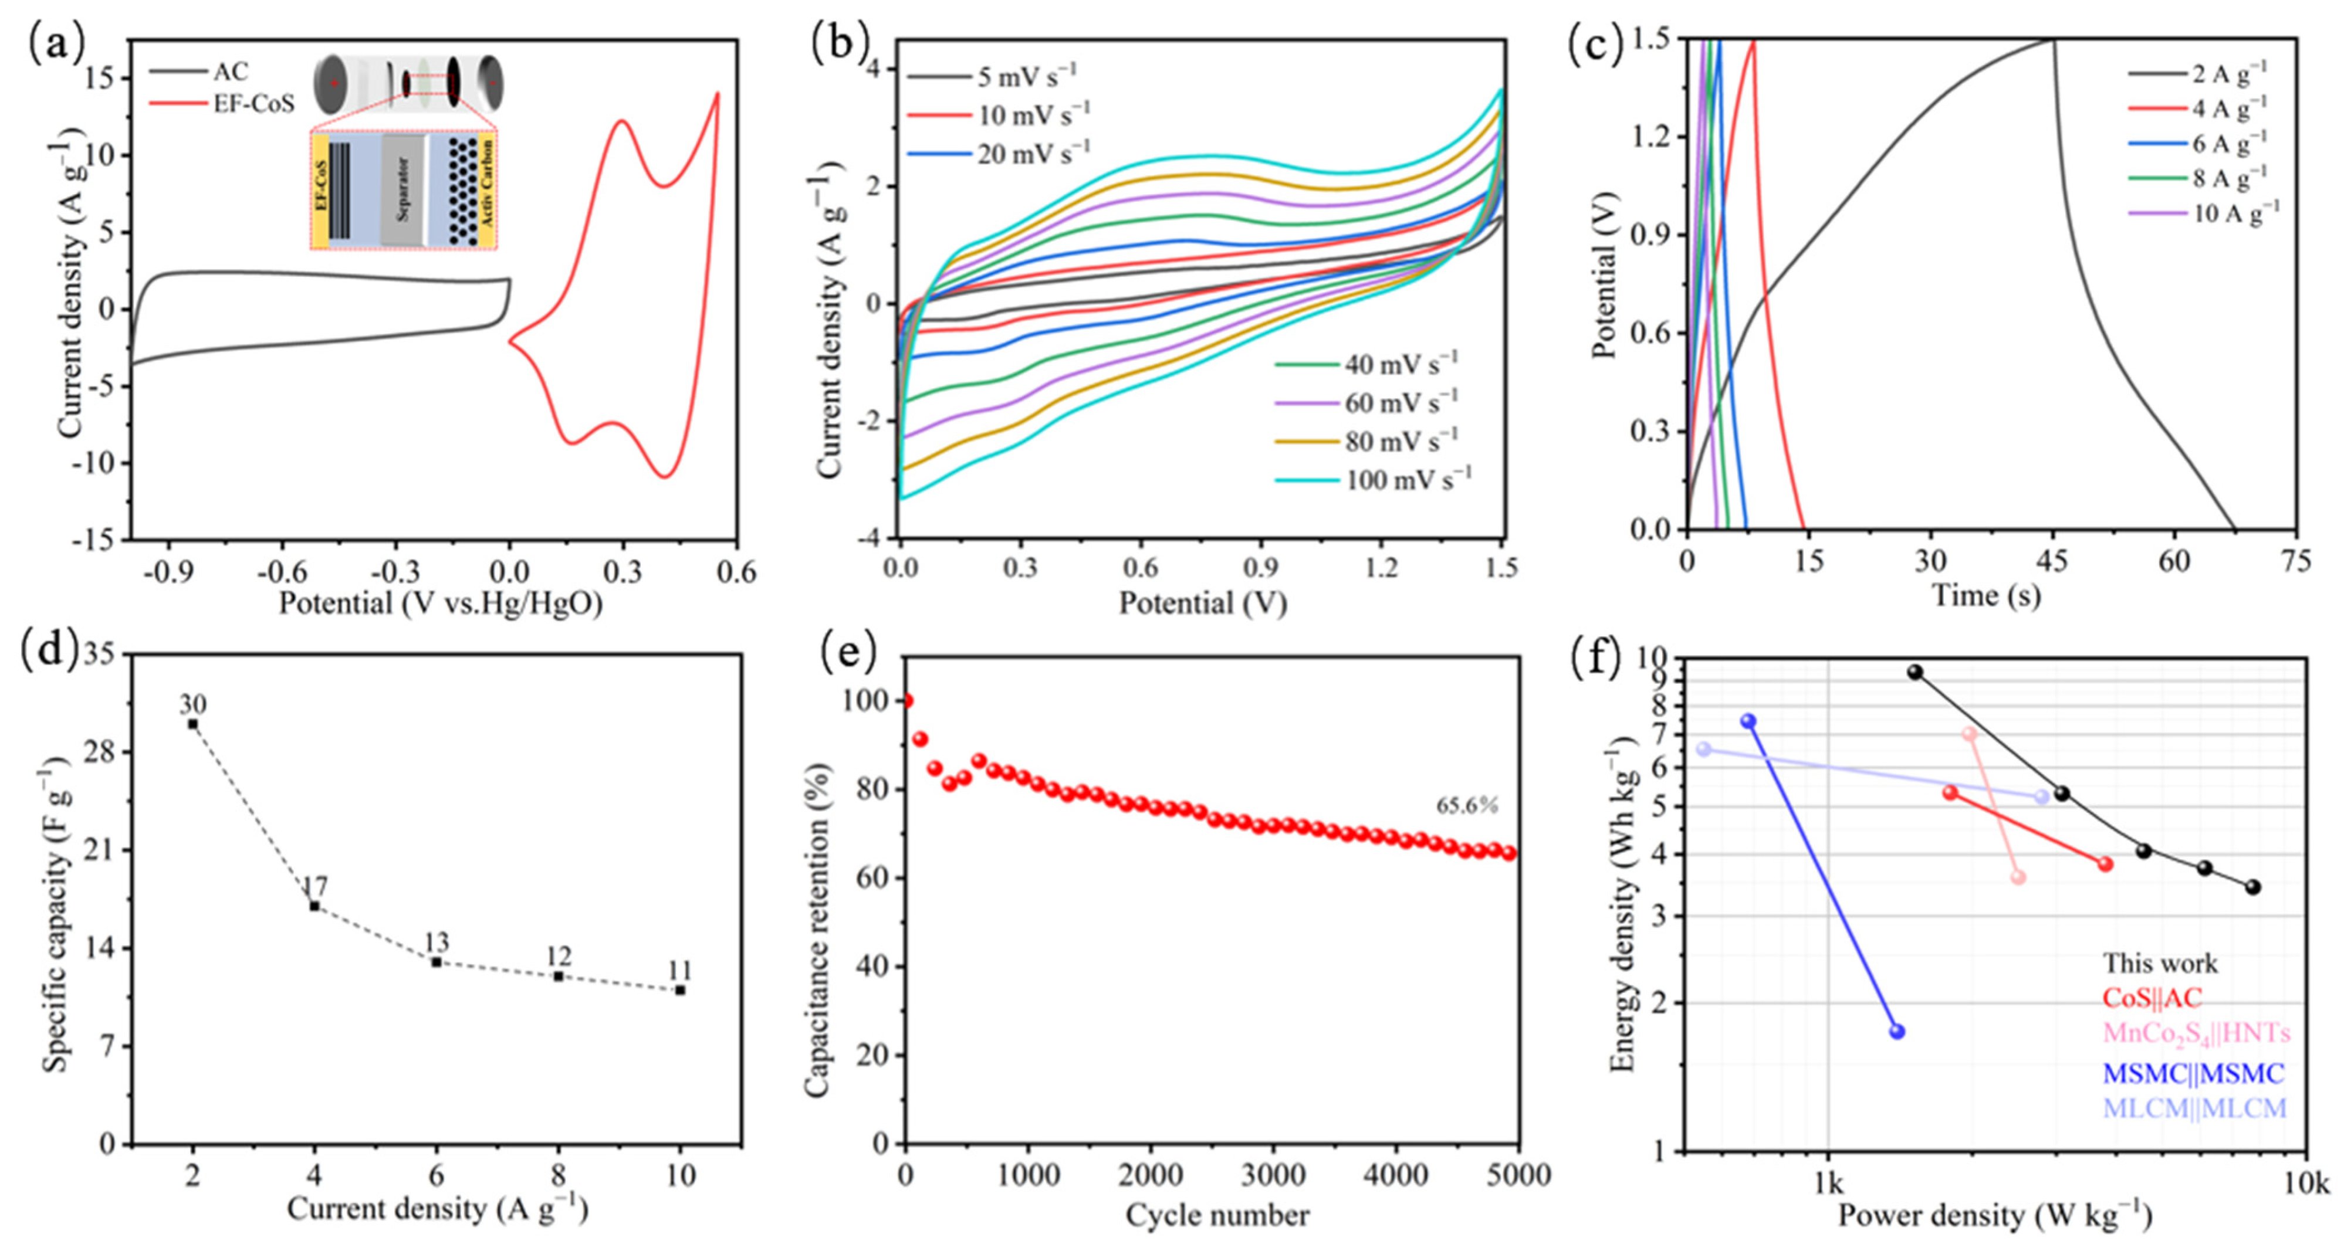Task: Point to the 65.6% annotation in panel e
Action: [1466, 805]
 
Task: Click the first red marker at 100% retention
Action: [907, 700]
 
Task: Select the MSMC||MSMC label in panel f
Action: [2193, 1074]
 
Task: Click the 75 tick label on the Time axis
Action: [2296, 561]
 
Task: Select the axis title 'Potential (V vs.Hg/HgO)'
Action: [441, 603]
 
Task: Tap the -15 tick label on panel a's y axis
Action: [94, 540]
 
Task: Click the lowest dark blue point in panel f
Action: [1897, 1031]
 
